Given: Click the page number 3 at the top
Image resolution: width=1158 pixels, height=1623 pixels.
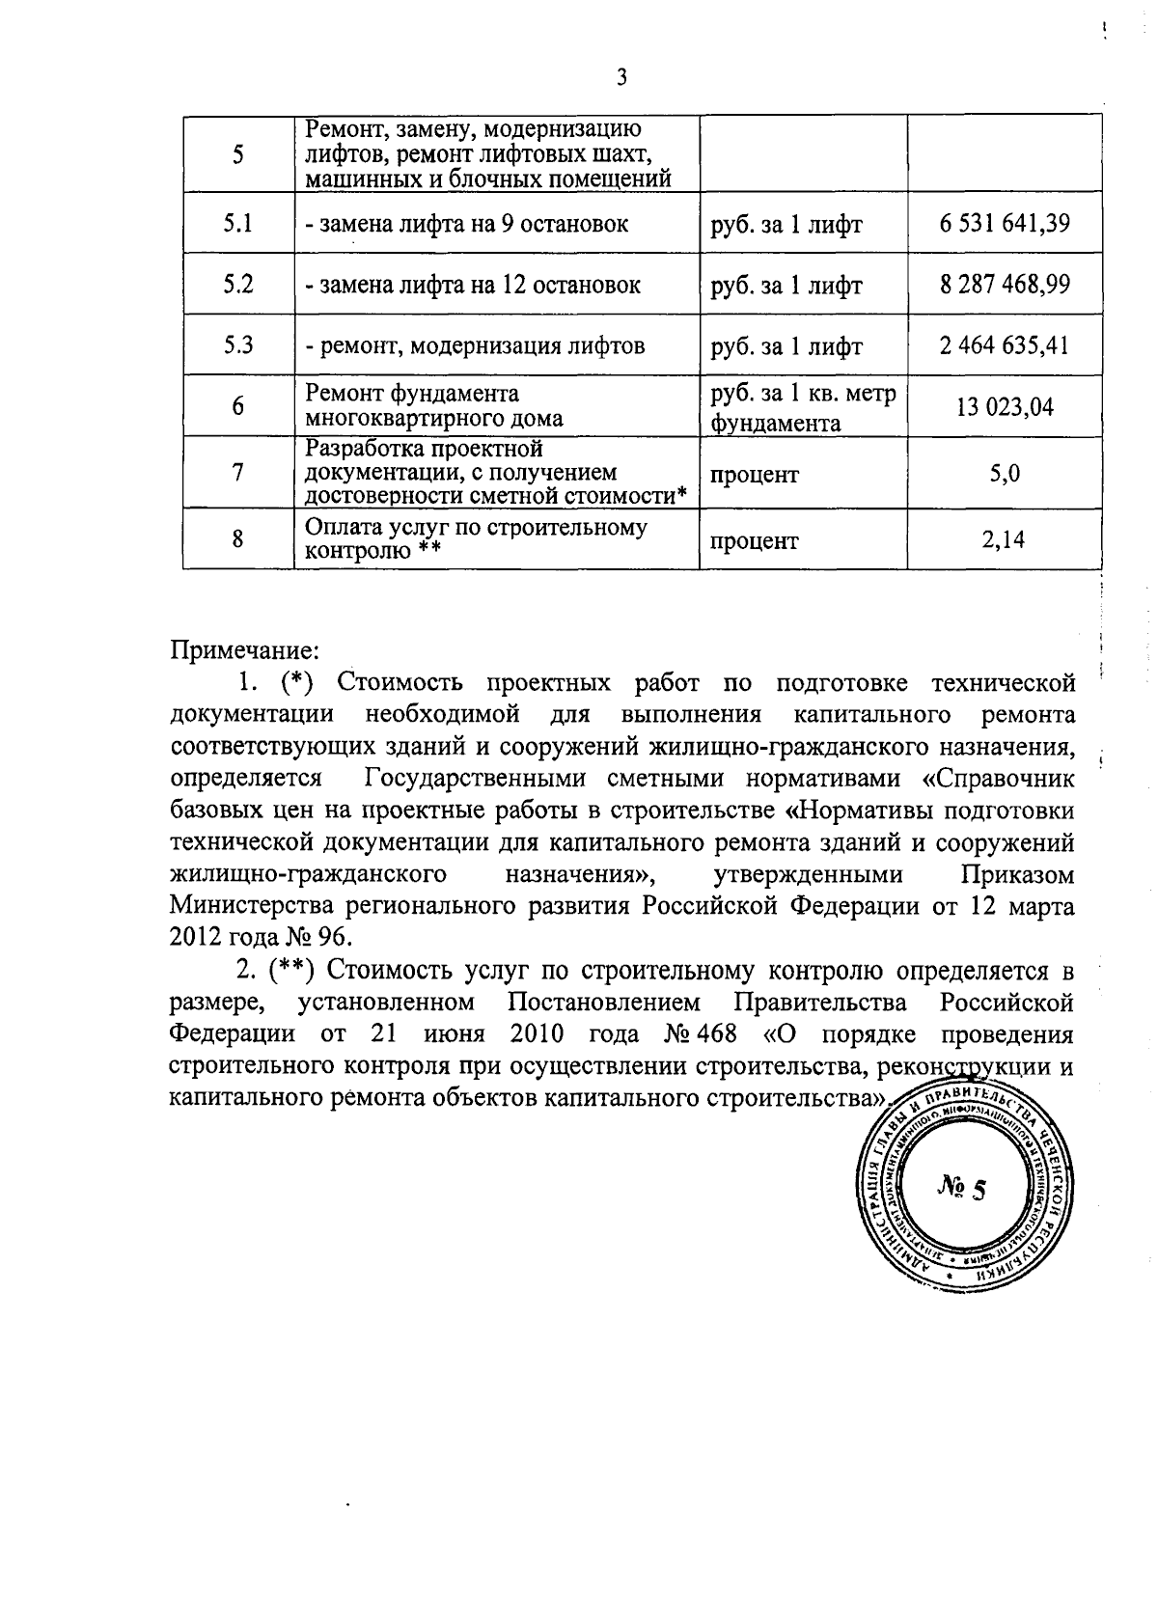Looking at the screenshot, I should coord(621,78).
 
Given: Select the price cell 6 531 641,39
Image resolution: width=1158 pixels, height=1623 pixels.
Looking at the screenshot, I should coord(1005,224).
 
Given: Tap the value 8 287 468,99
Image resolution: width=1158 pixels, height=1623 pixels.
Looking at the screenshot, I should coord(1005,285).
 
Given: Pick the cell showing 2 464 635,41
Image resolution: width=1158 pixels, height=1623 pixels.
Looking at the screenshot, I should coord(1005,345).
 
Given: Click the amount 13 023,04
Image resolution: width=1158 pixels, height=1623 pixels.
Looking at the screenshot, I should coord(1005,406).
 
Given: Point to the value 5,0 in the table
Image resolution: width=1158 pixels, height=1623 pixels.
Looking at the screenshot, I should coord(1005,473).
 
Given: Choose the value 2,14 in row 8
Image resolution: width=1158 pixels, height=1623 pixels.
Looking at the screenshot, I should coord(1004,539).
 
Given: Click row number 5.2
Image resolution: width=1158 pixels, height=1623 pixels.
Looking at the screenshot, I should coord(238,285).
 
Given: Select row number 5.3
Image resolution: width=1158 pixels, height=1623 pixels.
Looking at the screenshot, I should coord(238,345).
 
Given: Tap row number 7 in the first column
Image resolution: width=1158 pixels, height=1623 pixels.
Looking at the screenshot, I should coord(237,473).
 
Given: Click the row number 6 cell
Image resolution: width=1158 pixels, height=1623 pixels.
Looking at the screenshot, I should coord(237,406).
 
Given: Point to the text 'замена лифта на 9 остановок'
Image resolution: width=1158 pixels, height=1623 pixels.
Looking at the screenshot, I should coord(467,225).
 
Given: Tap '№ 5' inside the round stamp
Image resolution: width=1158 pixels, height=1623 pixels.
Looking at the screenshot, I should coord(961,1188).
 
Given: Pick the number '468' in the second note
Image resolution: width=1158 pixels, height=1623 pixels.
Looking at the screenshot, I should coord(714,1033).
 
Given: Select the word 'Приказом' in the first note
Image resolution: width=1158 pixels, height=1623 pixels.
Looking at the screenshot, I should coord(1017,874).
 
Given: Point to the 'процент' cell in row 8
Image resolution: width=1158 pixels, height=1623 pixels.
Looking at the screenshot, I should coord(755,541).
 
